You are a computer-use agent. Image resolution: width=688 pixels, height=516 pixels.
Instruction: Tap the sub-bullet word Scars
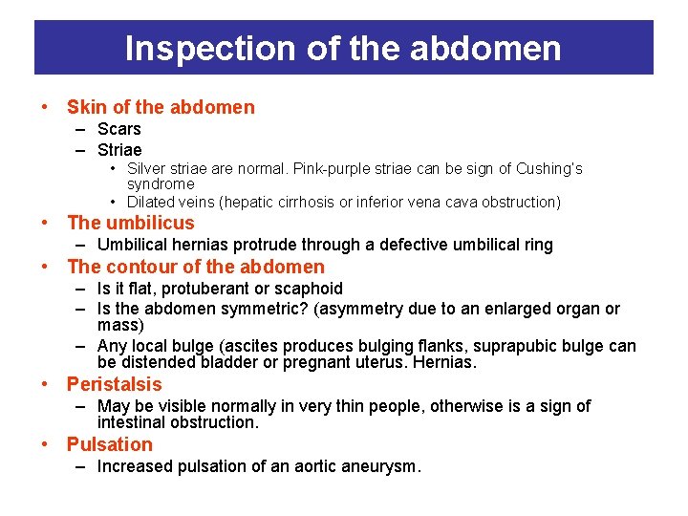[x=119, y=129]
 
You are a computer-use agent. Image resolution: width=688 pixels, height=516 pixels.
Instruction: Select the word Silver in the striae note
[x=148, y=169]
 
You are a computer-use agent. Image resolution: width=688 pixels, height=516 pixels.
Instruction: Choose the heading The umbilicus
[x=130, y=223]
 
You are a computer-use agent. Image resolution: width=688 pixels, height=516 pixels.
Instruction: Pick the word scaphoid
[x=310, y=289]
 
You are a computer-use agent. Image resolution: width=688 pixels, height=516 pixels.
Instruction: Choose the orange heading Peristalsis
[x=115, y=384]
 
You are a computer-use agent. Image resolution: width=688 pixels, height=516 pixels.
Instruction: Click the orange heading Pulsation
[x=110, y=444]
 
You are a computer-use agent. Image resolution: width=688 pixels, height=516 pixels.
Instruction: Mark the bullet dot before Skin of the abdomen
[x=47, y=107]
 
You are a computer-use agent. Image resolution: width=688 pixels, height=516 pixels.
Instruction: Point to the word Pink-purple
[x=327, y=169]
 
